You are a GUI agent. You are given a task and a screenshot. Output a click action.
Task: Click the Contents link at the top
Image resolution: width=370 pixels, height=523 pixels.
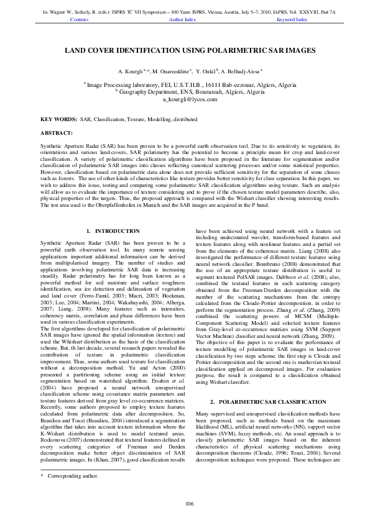(x=80, y=20)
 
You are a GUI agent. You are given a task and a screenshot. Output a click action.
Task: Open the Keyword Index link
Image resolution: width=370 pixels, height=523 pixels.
(x=292, y=20)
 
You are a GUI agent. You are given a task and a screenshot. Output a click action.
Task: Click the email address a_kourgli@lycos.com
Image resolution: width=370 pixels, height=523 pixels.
(x=185, y=99)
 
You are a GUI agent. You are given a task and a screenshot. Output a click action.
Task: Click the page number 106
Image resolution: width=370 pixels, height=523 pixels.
(x=185, y=503)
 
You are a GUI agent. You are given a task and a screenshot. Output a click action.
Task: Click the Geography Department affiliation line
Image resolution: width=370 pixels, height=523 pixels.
(x=185, y=91)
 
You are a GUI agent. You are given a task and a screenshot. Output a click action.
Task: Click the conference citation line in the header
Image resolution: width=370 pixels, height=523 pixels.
(x=185, y=12)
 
